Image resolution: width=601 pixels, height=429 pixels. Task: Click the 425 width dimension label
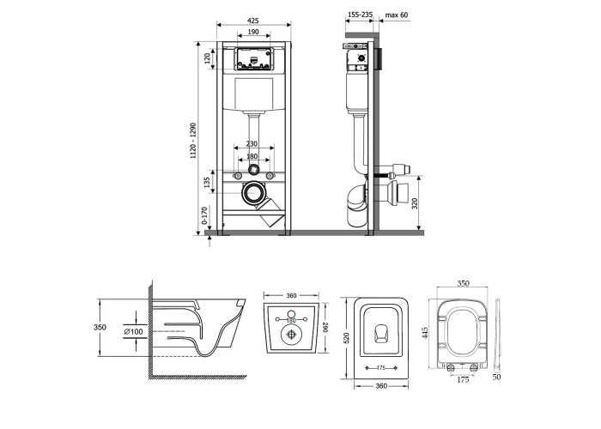pos(253,21)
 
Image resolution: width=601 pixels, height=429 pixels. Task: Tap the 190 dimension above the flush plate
pos(253,32)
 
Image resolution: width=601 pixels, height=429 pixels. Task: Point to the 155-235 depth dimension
pos(360,15)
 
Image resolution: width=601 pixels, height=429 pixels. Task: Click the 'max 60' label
pos(397,15)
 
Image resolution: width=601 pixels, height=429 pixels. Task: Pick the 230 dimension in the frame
pos(252,144)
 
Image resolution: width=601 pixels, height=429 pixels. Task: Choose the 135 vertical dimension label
pos(207,183)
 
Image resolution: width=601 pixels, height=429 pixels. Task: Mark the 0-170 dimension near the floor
pos(204,215)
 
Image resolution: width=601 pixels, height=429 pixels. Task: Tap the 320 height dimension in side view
pos(415,203)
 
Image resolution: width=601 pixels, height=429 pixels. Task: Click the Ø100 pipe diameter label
pos(133,332)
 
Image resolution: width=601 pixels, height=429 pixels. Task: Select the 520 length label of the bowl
pos(347,337)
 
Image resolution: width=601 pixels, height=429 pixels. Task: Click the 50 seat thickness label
pos(497,377)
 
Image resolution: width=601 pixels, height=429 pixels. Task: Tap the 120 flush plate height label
pos(207,58)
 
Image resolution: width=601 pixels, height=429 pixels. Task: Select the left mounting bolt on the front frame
pos(237,176)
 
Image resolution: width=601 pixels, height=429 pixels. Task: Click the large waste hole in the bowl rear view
pos(292,334)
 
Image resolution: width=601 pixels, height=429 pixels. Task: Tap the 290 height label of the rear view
pos(325,327)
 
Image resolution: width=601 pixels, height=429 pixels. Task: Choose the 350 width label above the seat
pos(463,284)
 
